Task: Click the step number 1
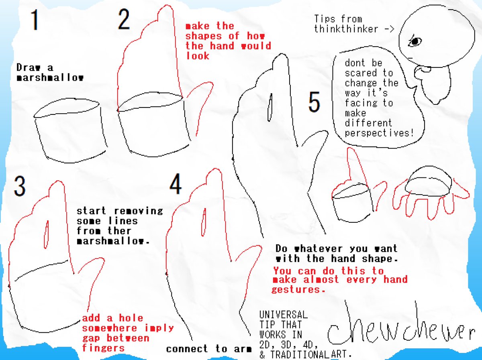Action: (35, 20)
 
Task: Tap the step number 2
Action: (124, 19)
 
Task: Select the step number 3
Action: (20, 187)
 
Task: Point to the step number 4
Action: (176, 184)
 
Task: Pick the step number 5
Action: (314, 102)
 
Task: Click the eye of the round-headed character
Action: (415, 41)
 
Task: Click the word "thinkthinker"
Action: (346, 29)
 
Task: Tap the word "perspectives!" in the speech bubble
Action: (379, 133)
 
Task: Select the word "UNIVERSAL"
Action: (284, 315)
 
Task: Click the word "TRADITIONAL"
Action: (300, 354)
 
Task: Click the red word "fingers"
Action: (103, 348)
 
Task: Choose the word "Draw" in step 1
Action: (29, 67)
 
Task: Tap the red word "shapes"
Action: (204, 36)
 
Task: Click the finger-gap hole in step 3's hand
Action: (46, 235)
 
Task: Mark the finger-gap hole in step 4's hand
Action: (204, 222)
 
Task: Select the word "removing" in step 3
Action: (139, 211)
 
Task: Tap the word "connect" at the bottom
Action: (187, 349)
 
